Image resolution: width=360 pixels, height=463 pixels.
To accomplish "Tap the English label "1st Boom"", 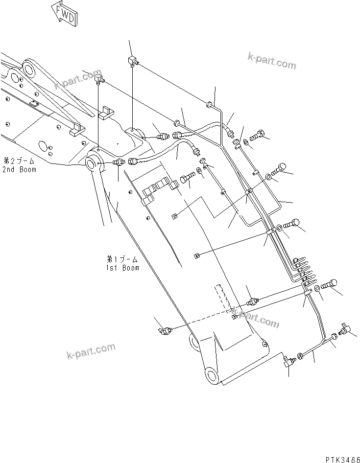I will pos(122,268).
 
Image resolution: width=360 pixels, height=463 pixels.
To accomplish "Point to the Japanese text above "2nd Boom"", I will pos(20,161).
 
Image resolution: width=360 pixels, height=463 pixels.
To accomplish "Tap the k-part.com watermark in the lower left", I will pos(91,351).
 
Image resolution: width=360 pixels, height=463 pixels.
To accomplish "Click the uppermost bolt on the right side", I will pos(259,132).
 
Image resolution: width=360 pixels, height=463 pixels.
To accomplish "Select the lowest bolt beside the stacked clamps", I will pos(331,285).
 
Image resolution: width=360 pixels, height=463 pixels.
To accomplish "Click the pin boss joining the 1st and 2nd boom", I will pos(93,162).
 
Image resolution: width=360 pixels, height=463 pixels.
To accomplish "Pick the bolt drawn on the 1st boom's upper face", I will pos(187,179).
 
